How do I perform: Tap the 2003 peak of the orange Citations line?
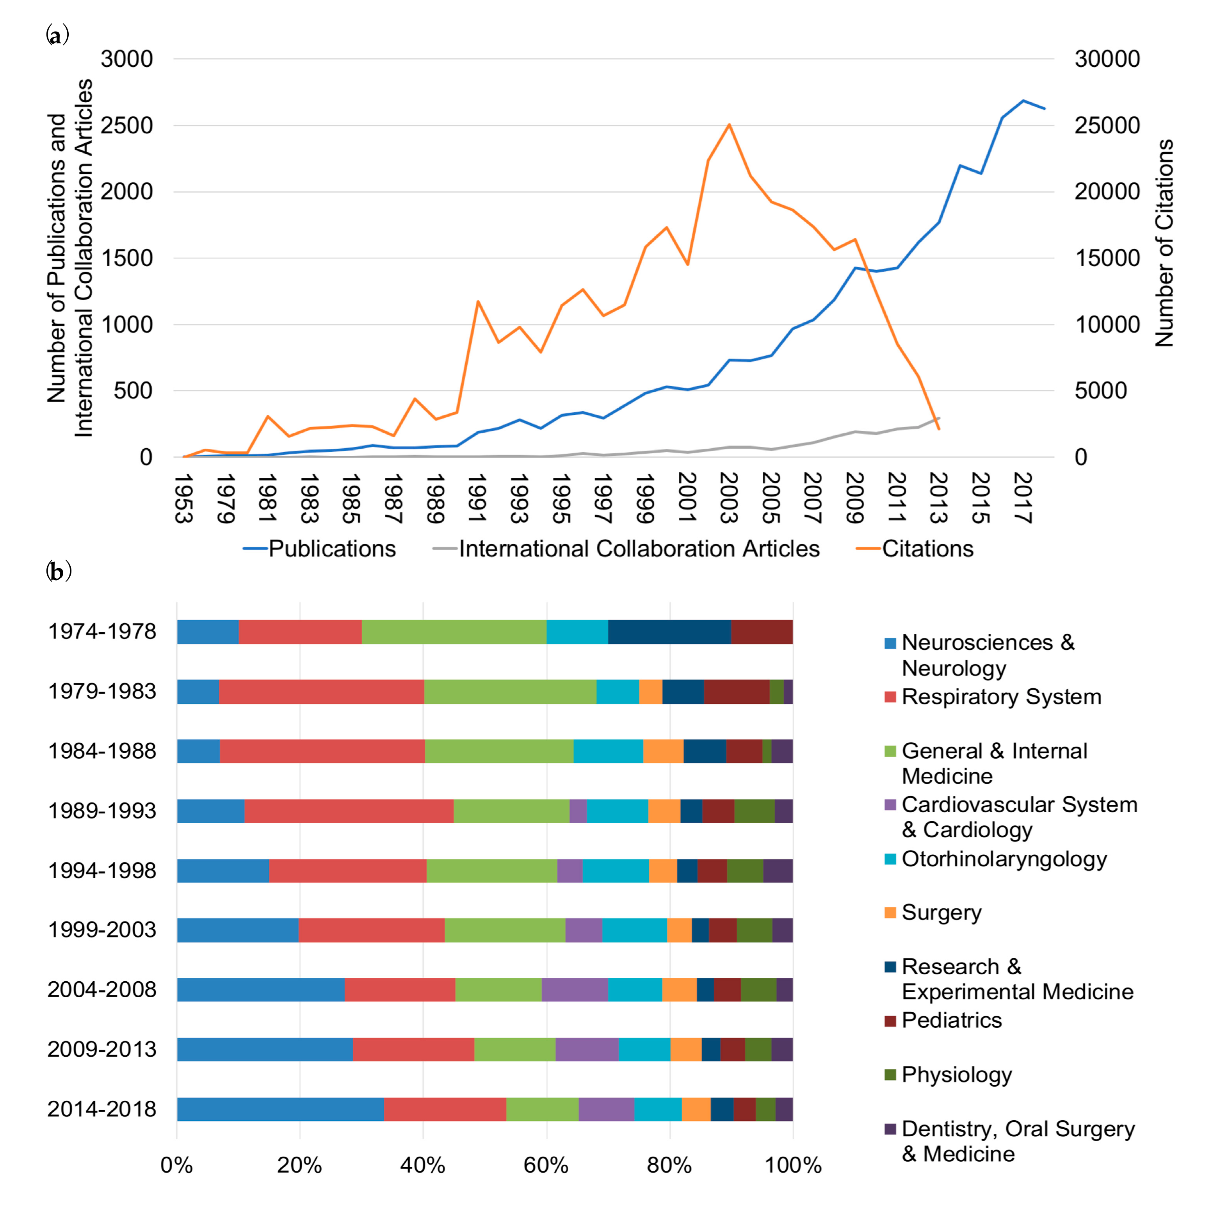click(729, 125)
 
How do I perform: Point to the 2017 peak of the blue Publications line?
click(1023, 101)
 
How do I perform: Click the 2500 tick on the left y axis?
click(127, 125)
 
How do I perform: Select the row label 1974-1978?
click(102, 631)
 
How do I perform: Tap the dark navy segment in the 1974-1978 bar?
click(669, 631)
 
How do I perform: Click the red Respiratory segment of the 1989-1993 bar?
click(349, 811)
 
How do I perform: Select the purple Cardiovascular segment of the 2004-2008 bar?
click(575, 989)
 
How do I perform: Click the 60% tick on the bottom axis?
click(546, 1165)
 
